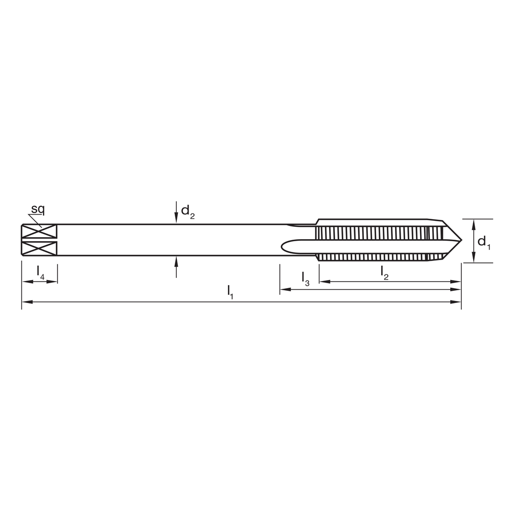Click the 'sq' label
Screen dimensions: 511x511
[38, 210]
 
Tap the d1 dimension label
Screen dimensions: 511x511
[483, 242]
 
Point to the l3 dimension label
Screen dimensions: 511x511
[306, 279]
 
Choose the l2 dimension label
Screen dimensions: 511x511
[385, 273]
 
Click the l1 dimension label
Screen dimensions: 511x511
[230, 292]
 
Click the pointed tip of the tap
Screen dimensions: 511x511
[461, 241]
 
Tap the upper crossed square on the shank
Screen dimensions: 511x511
[39, 231]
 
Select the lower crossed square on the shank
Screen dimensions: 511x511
[39, 248]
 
